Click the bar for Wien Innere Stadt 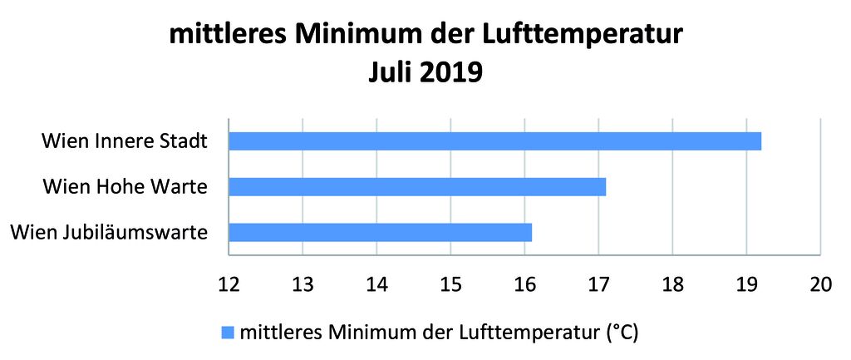[494, 141]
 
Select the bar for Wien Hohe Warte [417, 186]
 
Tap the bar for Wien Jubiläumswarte [380, 232]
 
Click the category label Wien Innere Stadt [124, 141]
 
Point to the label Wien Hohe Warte [125, 186]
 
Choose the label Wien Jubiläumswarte [109, 232]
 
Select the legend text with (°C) [438, 333]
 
